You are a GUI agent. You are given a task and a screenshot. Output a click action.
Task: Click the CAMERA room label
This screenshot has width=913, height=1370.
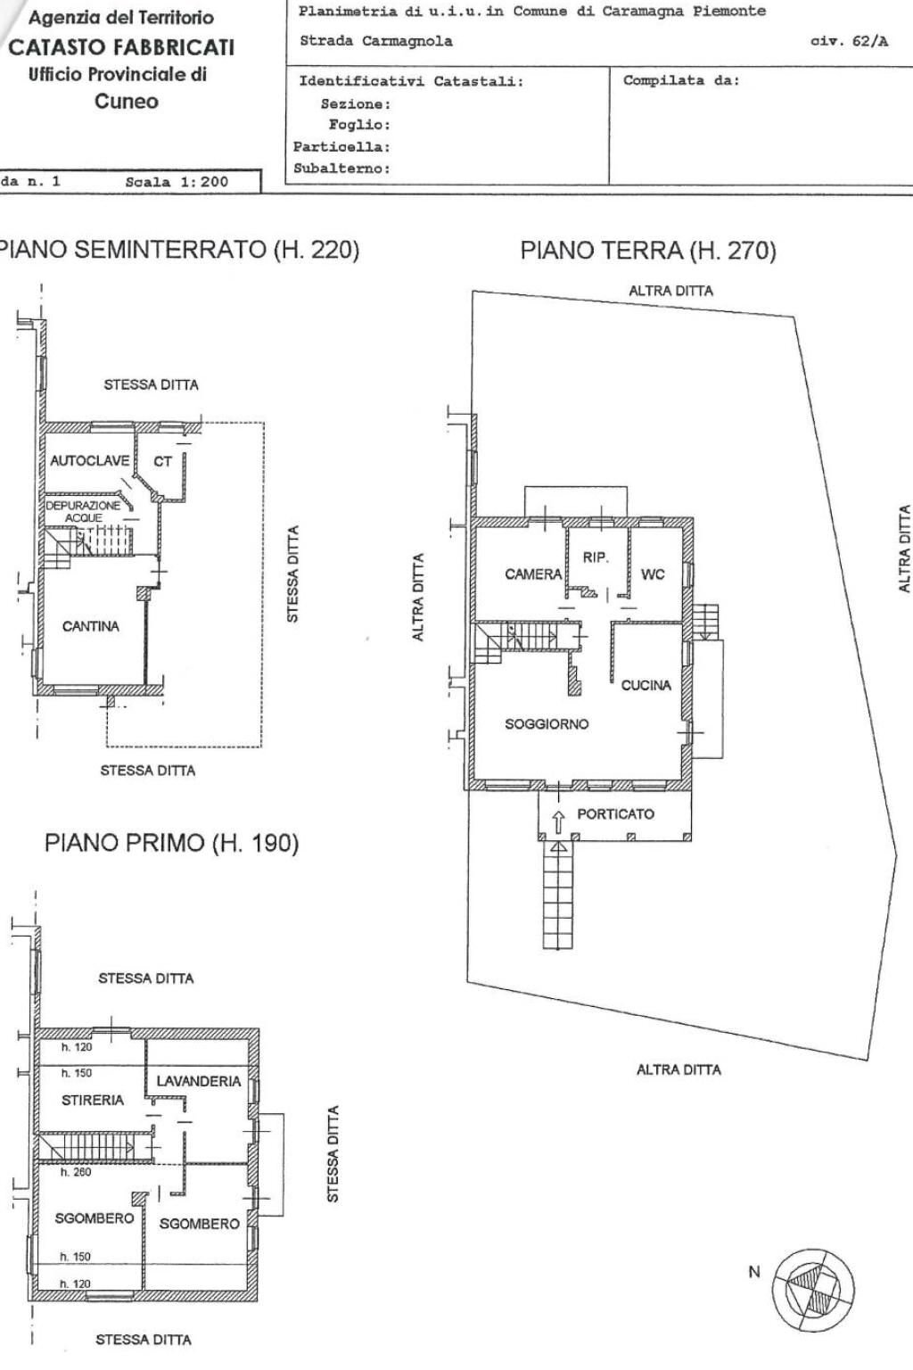coord(533,574)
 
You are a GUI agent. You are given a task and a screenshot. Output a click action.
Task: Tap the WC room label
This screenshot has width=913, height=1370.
coord(653,574)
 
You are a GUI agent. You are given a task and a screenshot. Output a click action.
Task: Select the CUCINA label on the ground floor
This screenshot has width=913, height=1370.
coord(646,685)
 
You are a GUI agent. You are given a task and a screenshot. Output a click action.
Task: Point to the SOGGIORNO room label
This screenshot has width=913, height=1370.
coord(547,724)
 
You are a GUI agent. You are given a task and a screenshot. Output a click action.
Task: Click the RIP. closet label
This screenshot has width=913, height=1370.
coord(596,557)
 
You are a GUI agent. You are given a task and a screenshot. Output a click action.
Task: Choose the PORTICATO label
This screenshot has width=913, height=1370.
coord(615,813)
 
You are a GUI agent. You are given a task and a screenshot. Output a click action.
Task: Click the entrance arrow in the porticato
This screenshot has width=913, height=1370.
coord(558,819)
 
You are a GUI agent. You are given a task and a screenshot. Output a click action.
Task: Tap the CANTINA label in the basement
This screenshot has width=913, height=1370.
coord(90,626)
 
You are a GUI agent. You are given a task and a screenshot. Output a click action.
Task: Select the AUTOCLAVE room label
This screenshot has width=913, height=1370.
coord(89,461)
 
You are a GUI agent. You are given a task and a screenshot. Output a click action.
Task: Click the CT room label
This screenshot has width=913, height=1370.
coord(162,461)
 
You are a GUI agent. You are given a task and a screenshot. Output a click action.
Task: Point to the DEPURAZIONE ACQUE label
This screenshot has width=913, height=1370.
coord(83,511)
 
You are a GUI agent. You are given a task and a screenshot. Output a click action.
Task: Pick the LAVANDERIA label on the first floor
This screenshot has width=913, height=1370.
coord(198,1081)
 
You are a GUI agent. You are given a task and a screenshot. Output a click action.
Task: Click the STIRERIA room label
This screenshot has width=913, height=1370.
coord(93,1101)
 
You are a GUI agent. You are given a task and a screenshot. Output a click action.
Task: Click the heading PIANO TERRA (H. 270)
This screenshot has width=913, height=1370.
coord(648,251)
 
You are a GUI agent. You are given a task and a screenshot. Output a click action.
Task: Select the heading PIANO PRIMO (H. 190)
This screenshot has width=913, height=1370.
coord(171,843)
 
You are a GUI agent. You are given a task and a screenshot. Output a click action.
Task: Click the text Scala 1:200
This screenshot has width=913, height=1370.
coord(177,182)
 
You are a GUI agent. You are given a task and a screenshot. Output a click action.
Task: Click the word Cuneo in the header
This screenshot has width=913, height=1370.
coord(127,101)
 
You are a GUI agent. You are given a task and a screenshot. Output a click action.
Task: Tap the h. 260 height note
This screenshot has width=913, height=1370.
coord(76,1173)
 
